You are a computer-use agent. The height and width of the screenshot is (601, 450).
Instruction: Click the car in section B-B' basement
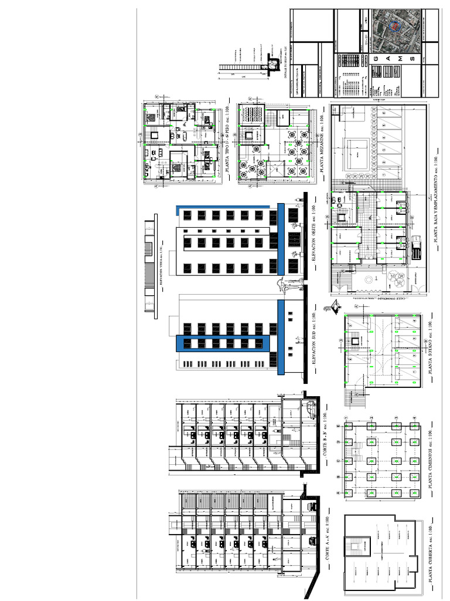(309, 405)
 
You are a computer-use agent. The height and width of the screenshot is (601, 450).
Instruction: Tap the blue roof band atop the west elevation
(223, 206)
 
